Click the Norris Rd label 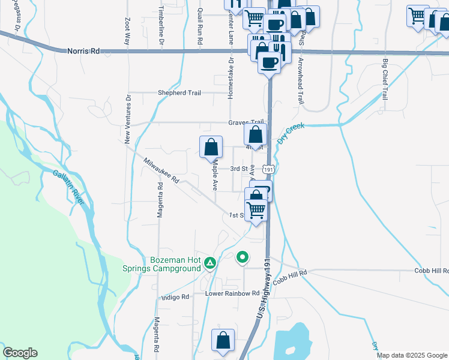pyautogui.click(x=83, y=52)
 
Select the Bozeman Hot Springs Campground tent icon pyautogui.click(x=210, y=262)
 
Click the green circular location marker pyautogui.click(x=243, y=257)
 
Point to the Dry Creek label pyautogui.click(x=291, y=134)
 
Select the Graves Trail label pyautogui.click(x=246, y=122)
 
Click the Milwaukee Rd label pyautogui.click(x=161, y=170)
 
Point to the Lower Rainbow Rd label pyautogui.click(x=232, y=293)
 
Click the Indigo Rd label pyautogui.click(x=175, y=297)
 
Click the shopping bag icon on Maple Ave pyautogui.click(x=211, y=147)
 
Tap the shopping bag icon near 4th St pyautogui.click(x=255, y=134)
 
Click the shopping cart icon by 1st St pyautogui.click(x=256, y=210)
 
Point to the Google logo pyautogui.click(x=20, y=353)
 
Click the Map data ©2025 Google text pyautogui.click(x=412, y=355)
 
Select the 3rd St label pyautogui.click(x=239, y=169)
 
